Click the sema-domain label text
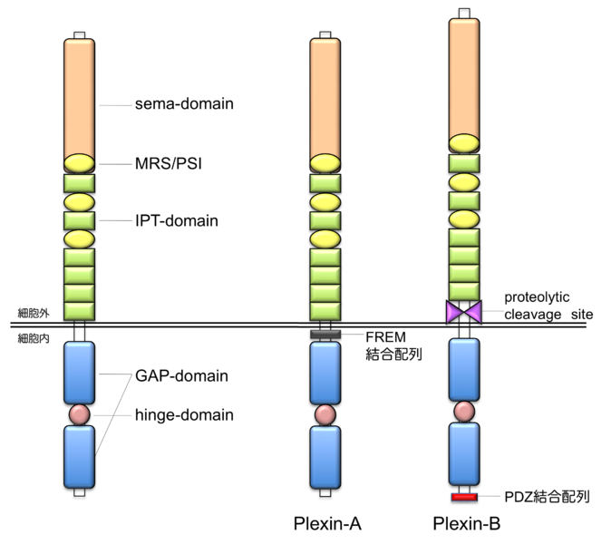pyautogui.click(x=183, y=104)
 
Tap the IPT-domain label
pyautogui.click(x=176, y=220)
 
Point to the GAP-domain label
pyautogui.click(x=180, y=375)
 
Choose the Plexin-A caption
pyautogui.click(x=327, y=523)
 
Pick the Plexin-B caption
pyautogui.click(x=467, y=523)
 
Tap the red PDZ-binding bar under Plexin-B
pyautogui.click(x=464, y=497)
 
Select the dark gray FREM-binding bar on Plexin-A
pyautogui.click(x=325, y=335)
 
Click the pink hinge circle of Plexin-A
pyautogui.click(x=325, y=414)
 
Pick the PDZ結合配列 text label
pyautogui.click(x=547, y=497)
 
